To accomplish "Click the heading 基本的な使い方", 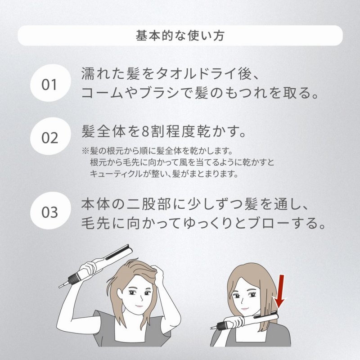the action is [x=180, y=36].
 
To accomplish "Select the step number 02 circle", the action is [x=50, y=137].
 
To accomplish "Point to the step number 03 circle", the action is [x=50, y=211].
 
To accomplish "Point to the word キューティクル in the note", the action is [x=116, y=174].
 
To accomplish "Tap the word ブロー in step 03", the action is [x=269, y=223].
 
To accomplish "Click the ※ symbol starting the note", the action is [x=85, y=151].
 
